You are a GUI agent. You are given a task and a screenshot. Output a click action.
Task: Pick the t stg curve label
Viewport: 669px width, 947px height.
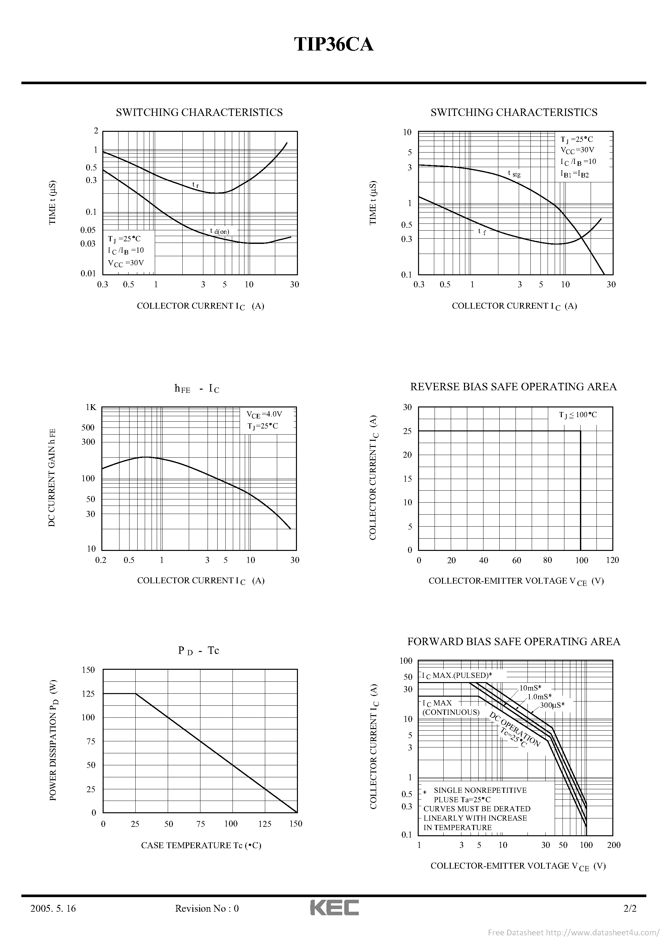(514, 174)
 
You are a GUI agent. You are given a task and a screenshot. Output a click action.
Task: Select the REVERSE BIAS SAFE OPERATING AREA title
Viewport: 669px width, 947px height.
(513, 387)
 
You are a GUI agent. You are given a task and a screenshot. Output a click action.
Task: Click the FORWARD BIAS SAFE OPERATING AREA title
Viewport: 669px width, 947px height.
(514, 641)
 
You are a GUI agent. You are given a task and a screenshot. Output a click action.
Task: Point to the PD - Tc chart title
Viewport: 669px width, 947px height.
(198, 650)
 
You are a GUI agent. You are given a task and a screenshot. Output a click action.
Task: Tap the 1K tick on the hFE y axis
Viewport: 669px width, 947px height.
(91, 407)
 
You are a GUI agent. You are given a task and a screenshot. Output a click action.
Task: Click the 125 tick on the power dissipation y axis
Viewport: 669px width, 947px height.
(88, 694)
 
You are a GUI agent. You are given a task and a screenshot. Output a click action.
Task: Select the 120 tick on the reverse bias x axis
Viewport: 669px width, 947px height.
(612, 560)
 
